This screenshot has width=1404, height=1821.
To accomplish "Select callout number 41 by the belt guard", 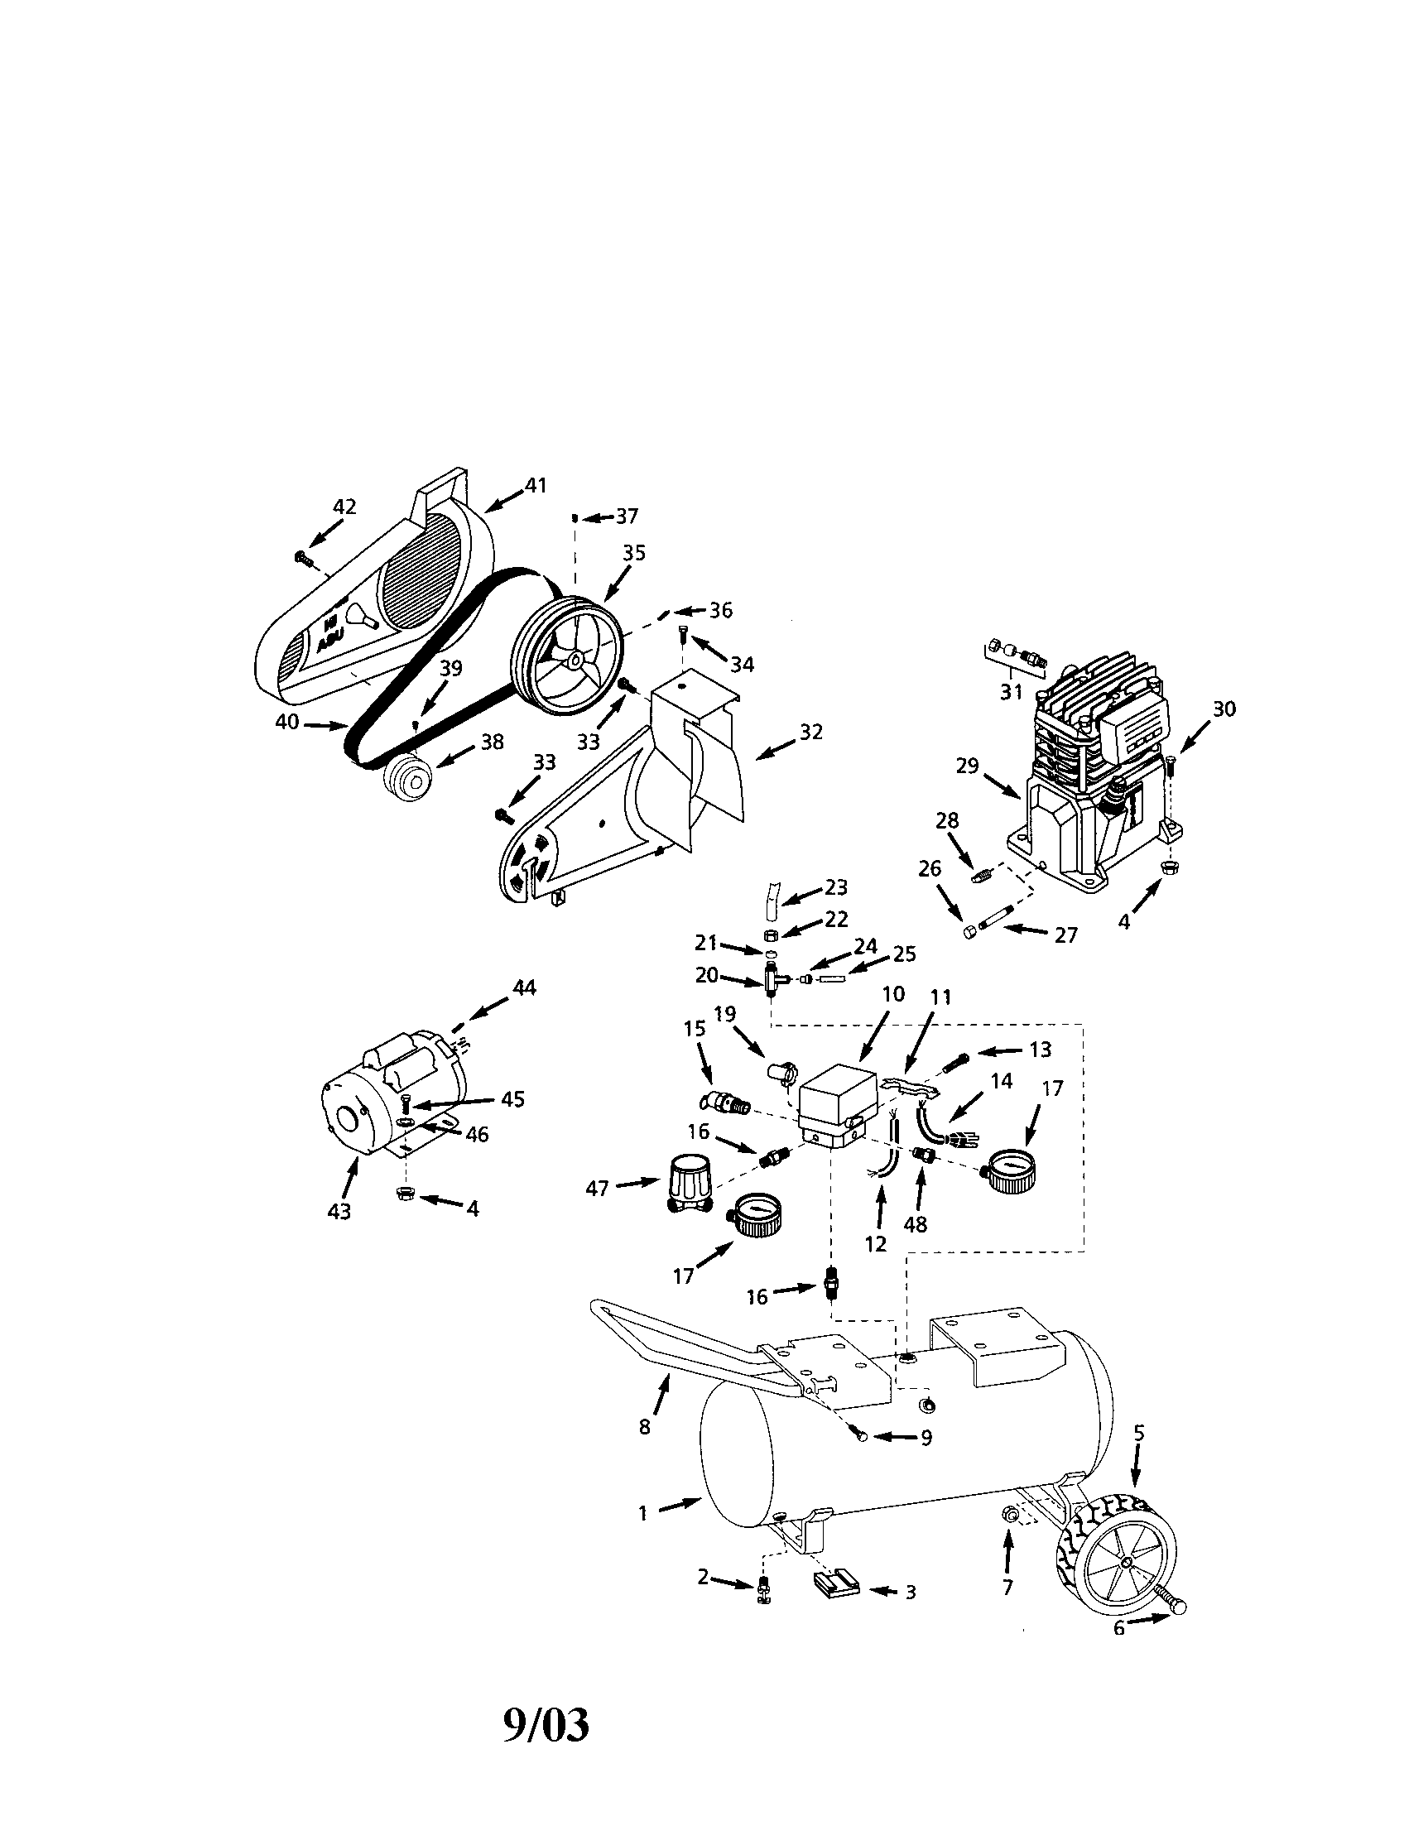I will point(536,485).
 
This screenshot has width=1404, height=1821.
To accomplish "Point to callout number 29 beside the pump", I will point(967,766).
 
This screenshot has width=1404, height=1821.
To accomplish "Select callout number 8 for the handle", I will point(645,1427).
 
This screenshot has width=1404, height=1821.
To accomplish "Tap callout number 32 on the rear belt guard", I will point(810,731).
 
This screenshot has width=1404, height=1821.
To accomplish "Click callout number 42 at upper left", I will point(344,506).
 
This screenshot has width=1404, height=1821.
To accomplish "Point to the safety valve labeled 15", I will point(725,1104).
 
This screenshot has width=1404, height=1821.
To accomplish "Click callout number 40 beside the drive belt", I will point(287,723).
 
